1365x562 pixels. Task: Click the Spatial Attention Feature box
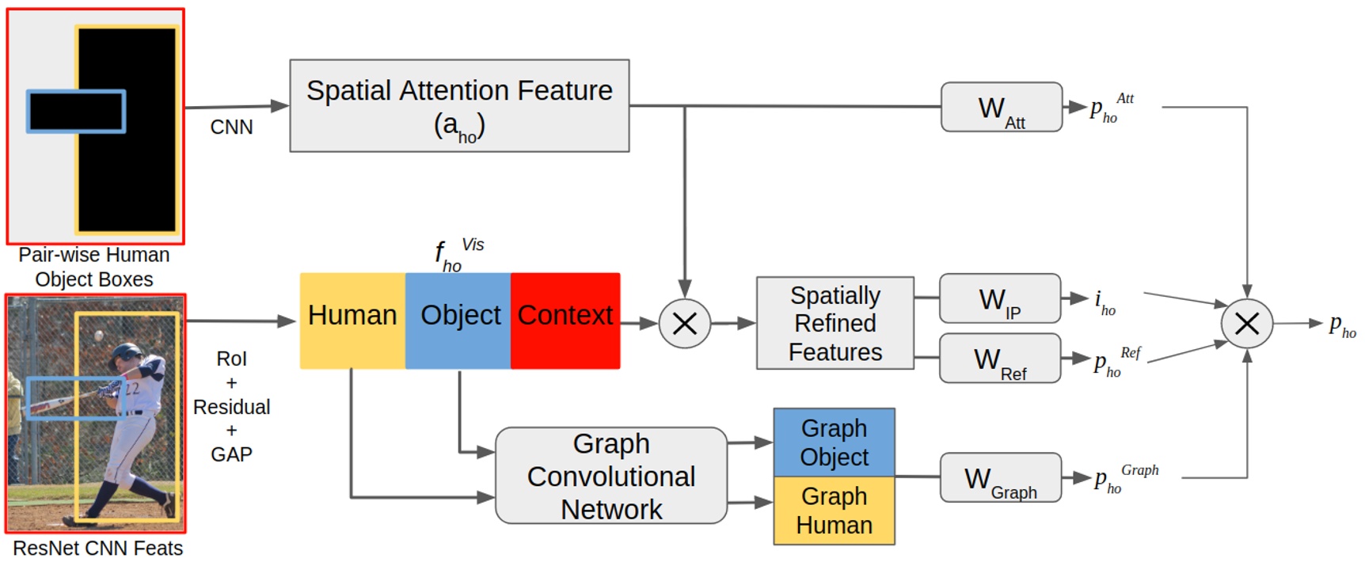(x=459, y=105)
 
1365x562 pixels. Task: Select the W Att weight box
(x=1001, y=107)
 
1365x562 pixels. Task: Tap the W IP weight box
(x=999, y=298)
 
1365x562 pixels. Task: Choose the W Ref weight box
(x=999, y=359)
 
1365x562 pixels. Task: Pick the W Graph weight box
(x=1000, y=477)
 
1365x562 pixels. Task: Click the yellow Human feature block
(x=352, y=321)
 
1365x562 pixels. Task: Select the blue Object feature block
(x=458, y=321)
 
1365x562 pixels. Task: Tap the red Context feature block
(x=565, y=321)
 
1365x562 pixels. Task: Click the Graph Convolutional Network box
(x=610, y=476)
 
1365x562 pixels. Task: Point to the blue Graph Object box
(x=834, y=442)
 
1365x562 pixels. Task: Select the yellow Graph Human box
(x=834, y=511)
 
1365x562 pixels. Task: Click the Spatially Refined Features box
(x=835, y=323)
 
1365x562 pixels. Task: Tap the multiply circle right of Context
(x=684, y=323)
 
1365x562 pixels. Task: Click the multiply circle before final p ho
(x=1246, y=323)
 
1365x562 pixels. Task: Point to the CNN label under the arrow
(x=231, y=127)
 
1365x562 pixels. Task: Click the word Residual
(x=231, y=407)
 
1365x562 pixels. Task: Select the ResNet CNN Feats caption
(x=97, y=549)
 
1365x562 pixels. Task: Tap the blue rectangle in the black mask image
(x=76, y=112)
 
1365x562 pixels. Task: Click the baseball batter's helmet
(x=125, y=353)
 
